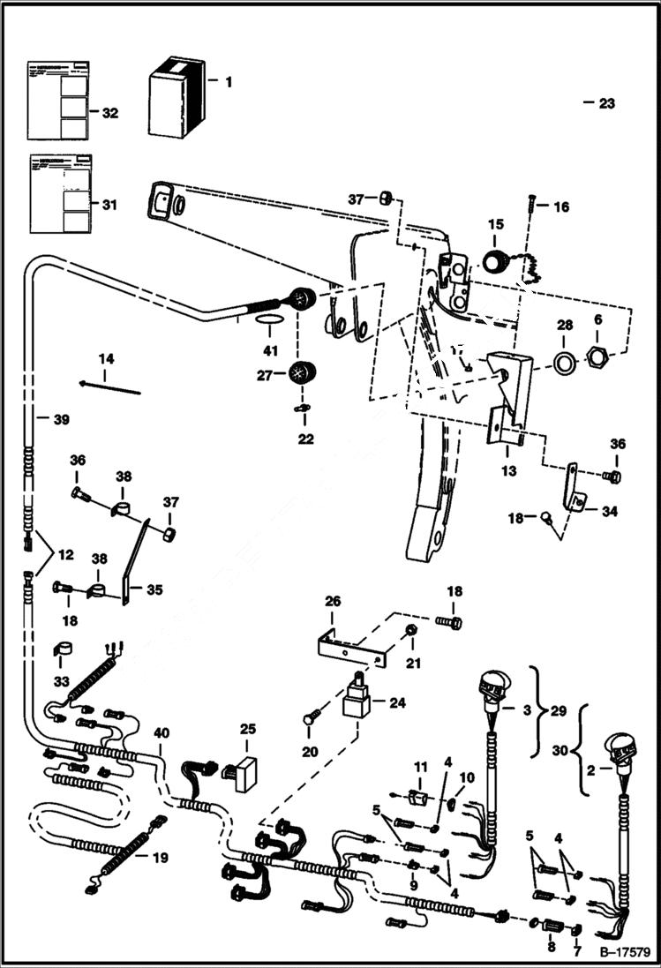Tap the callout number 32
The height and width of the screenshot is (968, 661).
pyautogui.click(x=110, y=113)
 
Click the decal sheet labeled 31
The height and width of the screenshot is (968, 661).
pyautogui.click(x=60, y=194)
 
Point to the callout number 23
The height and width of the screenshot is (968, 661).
pyautogui.click(x=606, y=103)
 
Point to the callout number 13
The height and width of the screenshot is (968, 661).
pyautogui.click(x=509, y=471)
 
